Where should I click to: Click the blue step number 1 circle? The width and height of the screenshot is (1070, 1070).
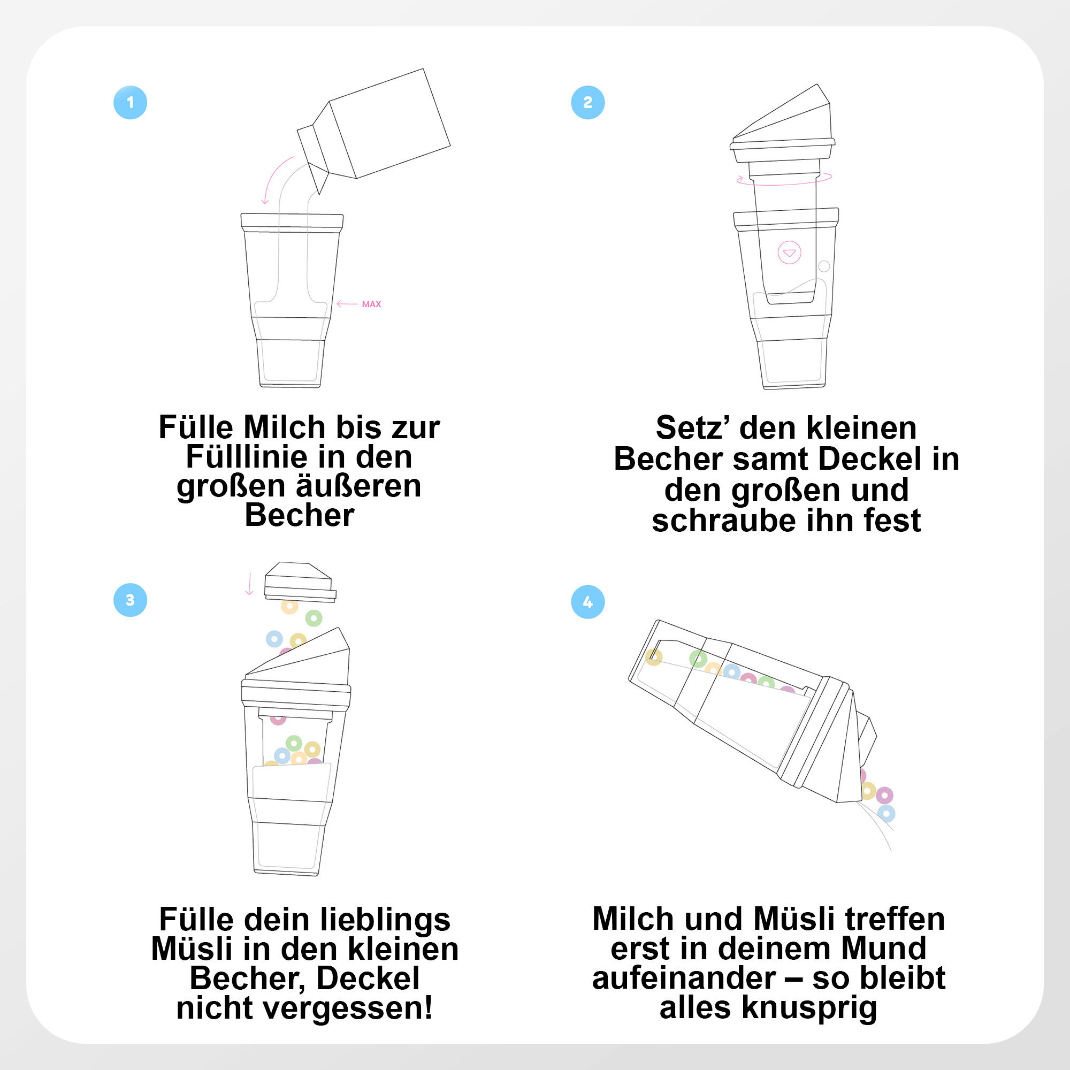[x=130, y=103]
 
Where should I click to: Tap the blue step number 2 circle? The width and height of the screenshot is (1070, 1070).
[x=587, y=103]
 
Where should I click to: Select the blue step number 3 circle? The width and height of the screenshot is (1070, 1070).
[x=130, y=600]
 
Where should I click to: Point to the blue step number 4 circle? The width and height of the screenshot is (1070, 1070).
[x=587, y=602]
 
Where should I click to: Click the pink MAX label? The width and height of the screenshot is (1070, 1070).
[x=371, y=304]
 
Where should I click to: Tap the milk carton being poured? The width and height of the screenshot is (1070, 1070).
[x=374, y=131]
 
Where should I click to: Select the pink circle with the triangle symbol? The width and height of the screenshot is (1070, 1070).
[x=790, y=253]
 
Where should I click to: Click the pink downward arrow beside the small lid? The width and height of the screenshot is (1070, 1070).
[x=249, y=584]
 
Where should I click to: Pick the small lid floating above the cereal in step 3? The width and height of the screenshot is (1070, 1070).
[x=300, y=582]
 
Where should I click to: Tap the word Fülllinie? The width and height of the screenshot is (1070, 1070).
[x=247, y=457]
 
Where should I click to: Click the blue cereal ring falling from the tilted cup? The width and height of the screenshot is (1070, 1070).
[x=886, y=814]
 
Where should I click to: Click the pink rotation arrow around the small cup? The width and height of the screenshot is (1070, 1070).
[x=784, y=179]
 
